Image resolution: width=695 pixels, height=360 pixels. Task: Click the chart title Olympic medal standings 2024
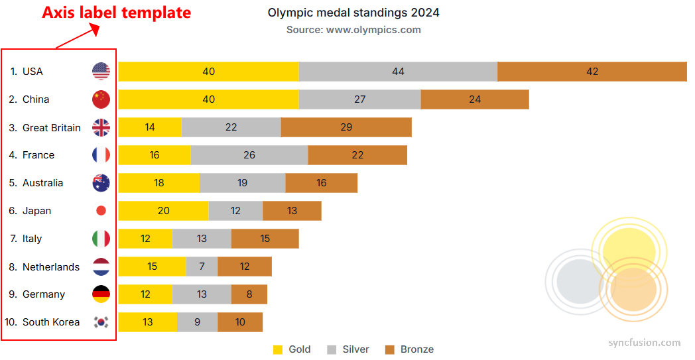click(353, 13)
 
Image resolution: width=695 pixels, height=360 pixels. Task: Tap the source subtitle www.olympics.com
click(353, 30)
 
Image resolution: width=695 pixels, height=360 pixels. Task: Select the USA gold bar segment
click(208, 72)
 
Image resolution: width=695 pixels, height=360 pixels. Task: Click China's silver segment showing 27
click(359, 99)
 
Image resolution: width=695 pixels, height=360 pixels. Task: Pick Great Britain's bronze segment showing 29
click(346, 127)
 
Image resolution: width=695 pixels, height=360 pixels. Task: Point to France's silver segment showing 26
click(249, 155)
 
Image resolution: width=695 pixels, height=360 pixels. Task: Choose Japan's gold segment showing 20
click(163, 211)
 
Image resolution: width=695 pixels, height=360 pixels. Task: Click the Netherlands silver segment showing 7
click(202, 267)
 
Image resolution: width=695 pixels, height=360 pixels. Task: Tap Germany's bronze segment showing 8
click(249, 294)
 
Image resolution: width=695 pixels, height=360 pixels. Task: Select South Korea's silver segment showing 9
click(197, 322)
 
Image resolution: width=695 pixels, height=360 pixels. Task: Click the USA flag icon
click(101, 72)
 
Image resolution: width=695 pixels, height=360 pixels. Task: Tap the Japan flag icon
click(101, 211)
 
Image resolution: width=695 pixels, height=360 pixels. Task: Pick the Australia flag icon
click(101, 183)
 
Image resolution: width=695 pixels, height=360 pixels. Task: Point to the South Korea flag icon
click(101, 322)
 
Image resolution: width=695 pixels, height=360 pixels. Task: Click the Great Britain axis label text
click(51, 127)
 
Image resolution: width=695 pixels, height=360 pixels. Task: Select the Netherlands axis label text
click(51, 267)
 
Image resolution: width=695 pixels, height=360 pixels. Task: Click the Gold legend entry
click(292, 349)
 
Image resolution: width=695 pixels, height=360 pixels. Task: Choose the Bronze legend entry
click(409, 349)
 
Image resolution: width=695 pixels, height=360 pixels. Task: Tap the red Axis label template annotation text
click(117, 13)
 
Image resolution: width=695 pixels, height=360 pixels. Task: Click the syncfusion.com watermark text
click(645, 343)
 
